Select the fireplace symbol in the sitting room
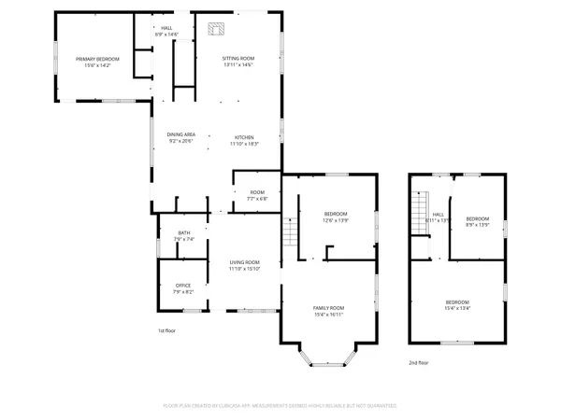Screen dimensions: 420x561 click(x=216, y=29)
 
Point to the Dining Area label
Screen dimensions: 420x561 click(x=180, y=138)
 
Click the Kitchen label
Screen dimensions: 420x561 click(x=244, y=138)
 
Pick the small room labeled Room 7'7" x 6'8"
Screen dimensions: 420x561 click(x=256, y=195)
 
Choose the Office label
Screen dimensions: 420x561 click(x=182, y=288)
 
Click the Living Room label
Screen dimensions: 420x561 click(x=244, y=265)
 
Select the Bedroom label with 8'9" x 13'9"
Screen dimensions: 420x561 click(x=478, y=221)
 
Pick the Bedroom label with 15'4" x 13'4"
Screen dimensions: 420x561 click(x=457, y=305)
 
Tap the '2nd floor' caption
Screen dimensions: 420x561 click(x=419, y=362)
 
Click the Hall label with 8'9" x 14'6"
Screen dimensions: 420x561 click(x=166, y=31)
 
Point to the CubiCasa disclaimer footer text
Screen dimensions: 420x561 click(x=280, y=406)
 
